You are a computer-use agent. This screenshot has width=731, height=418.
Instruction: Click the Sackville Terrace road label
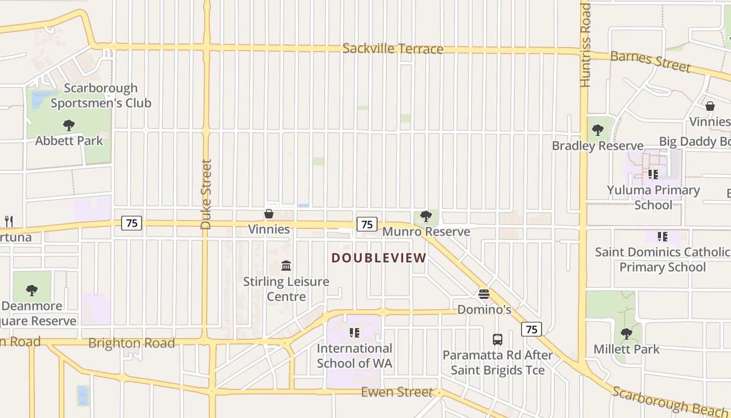(x=393, y=49)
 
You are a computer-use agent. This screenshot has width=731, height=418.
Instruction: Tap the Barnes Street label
(x=650, y=61)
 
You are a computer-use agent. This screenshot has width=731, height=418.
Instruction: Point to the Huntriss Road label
(x=585, y=45)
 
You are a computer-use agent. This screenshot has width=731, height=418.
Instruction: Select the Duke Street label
(x=206, y=194)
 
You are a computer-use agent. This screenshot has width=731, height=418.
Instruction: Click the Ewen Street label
(x=397, y=392)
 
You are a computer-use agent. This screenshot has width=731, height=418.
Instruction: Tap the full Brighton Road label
(x=132, y=343)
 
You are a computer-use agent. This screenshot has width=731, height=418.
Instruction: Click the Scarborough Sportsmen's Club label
(x=101, y=96)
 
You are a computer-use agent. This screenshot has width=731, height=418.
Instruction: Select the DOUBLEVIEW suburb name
(x=379, y=258)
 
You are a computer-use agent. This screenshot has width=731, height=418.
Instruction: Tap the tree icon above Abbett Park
(x=68, y=125)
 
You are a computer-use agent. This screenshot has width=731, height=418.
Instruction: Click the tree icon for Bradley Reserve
(x=598, y=130)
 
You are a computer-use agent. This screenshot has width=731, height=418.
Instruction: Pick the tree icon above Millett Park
(x=627, y=333)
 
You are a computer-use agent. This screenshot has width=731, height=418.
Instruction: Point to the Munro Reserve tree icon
(x=426, y=216)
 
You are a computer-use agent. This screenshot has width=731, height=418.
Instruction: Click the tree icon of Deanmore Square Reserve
(x=32, y=290)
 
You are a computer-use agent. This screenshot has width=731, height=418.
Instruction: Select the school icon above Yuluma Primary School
(x=653, y=175)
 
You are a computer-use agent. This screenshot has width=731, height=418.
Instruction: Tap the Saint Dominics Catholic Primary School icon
(x=663, y=237)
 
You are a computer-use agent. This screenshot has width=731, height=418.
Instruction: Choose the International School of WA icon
(x=355, y=332)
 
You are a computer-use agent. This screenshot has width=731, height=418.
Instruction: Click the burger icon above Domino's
(x=484, y=294)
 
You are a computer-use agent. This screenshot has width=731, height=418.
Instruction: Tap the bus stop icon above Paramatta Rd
(x=498, y=340)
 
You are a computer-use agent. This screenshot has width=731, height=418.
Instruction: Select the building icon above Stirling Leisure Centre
(x=286, y=266)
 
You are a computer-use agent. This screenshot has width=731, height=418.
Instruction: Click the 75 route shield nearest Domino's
(x=531, y=329)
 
